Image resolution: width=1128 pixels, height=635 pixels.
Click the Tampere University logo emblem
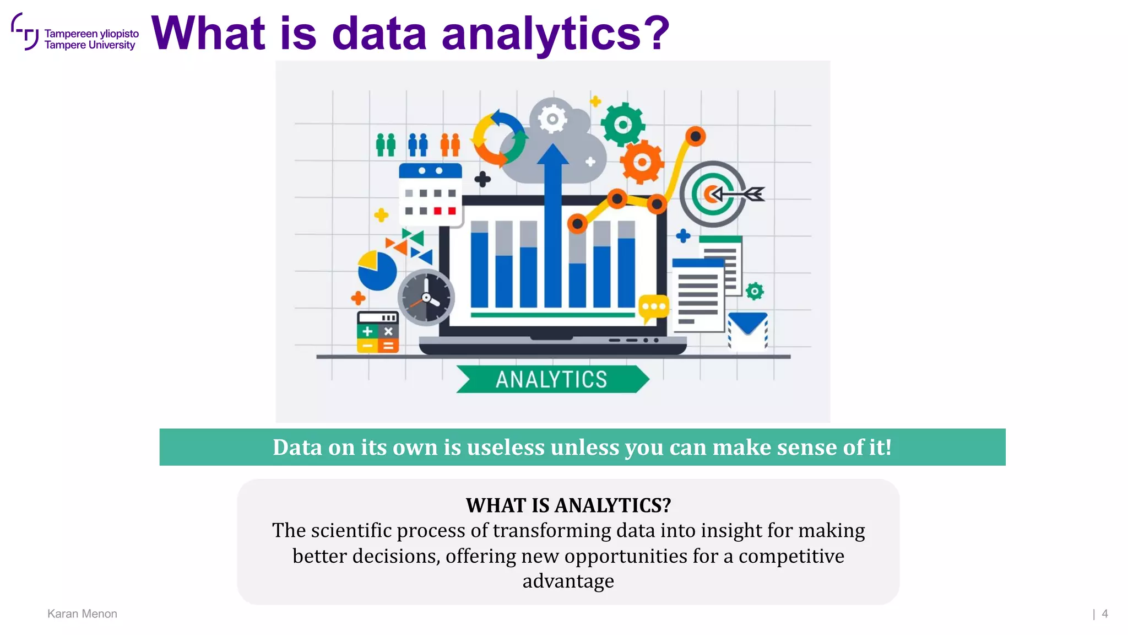click(25, 32)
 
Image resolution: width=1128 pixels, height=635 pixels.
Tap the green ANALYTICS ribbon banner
click(552, 379)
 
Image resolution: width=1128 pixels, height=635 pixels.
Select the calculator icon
click(377, 332)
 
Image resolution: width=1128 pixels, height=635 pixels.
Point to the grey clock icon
click(426, 298)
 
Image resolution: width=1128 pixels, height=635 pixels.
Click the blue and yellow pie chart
click(377, 270)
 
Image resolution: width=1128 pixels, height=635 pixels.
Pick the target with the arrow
click(716, 194)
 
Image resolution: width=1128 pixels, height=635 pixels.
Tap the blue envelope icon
click(747, 330)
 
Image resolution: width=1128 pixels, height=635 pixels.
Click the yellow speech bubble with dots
click(653, 308)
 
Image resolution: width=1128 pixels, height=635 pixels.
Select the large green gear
click(622, 125)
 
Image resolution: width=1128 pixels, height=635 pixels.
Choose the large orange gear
click(641, 162)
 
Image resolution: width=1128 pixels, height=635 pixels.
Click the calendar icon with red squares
click(430, 195)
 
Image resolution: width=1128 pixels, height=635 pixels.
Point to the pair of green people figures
click(386, 145)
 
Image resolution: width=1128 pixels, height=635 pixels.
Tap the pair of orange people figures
click(450, 145)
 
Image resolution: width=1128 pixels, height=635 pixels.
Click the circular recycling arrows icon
click(499, 138)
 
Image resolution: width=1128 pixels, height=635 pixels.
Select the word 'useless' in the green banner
click(506, 448)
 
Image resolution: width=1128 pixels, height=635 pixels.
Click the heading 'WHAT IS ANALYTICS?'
click(568, 505)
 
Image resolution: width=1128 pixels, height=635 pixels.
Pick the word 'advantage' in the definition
click(568, 581)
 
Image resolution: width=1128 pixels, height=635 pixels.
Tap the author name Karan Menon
click(82, 614)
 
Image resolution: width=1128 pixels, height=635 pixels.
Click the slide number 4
click(1104, 614)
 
